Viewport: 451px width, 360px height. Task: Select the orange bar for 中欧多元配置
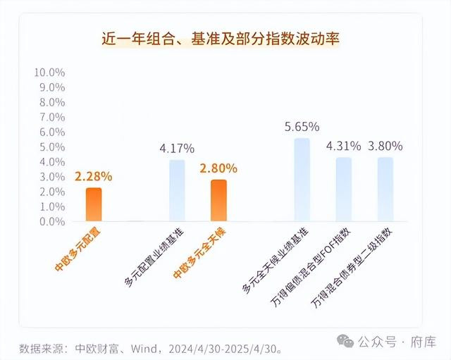94,204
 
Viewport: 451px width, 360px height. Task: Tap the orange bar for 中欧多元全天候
218,200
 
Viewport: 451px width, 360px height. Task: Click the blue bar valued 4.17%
177,190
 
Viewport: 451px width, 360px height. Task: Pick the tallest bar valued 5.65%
302,180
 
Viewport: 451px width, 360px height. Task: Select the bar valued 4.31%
343,189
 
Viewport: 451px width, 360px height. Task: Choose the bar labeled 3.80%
385,189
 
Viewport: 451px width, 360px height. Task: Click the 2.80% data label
218,168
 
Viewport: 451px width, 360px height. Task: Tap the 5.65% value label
302,127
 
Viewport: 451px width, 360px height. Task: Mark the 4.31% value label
343,146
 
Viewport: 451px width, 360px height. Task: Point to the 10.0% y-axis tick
49,73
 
